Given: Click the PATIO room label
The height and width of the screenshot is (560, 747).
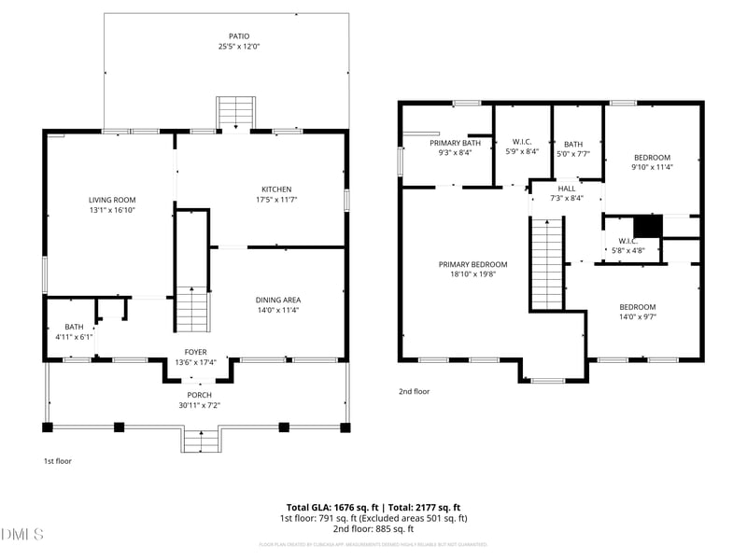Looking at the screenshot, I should click(x=226, y=35).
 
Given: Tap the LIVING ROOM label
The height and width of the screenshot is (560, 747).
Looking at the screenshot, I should click(x=112, y=200).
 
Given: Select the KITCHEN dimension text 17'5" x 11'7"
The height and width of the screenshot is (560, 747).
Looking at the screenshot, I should click(x=276, y=200).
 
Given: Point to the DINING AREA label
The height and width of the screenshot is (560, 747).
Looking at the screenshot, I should click(x=277, y=300).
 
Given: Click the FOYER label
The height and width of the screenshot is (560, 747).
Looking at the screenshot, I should click(x=195, y=352).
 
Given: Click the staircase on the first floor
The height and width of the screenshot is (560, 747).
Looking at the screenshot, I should click(x=191, y=308).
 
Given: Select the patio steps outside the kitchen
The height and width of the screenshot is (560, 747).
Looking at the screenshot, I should click(x=230, y=113).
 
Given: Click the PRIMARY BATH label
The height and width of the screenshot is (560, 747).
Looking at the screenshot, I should click(x=455, y=143).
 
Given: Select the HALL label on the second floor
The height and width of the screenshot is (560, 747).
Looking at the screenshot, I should click(x=567, y=189).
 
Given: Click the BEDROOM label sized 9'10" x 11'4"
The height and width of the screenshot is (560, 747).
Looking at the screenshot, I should click(x=653, y=158).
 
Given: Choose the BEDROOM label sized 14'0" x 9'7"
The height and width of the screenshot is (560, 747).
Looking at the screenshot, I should click(x=638, y=307).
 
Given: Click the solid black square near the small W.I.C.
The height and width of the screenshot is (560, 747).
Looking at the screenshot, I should click(x=647, y=227).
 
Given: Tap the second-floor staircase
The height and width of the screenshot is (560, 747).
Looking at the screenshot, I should click(x=548, y=263).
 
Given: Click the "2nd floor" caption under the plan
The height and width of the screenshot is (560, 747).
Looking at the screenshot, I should click(x=415, y=392).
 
